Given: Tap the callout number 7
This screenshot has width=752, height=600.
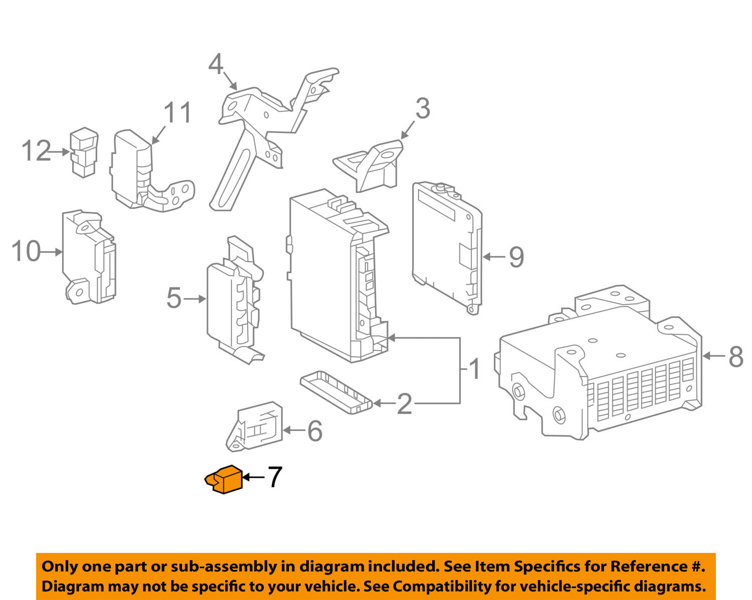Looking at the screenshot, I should pyautogui.click(x=275, y=477).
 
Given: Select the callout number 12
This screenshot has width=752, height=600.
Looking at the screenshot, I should pyautogui.click(x=36, y=151).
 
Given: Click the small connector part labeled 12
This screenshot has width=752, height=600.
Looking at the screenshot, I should pyautogui.click(x=84, y=152).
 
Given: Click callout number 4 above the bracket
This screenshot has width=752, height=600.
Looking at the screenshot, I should pyautogui.click(x=216, y=65).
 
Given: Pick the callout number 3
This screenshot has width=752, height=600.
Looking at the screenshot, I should pyautogui.click(x=423, y=109).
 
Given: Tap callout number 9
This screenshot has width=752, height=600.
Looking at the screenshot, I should pyautogui.click(x=516, y=257).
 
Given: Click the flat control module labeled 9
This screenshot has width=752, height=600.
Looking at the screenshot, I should pyautogui.click(x=446, y=246).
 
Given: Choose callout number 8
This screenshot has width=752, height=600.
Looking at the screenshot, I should pyautogui.click(x=735, y=357).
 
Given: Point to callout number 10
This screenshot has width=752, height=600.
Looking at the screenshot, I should pyautogui.click(x=26, y=251).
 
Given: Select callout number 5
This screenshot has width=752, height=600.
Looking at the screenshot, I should pyautogui.click(x=173, y=298).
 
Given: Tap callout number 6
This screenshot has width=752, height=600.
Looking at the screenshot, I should pyautogui.click(x=314, y=431).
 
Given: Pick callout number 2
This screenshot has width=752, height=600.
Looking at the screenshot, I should pyautogui.click(x=404, y=404).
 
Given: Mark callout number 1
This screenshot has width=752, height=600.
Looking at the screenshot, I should pyautogui.click(x=474, y=370).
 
